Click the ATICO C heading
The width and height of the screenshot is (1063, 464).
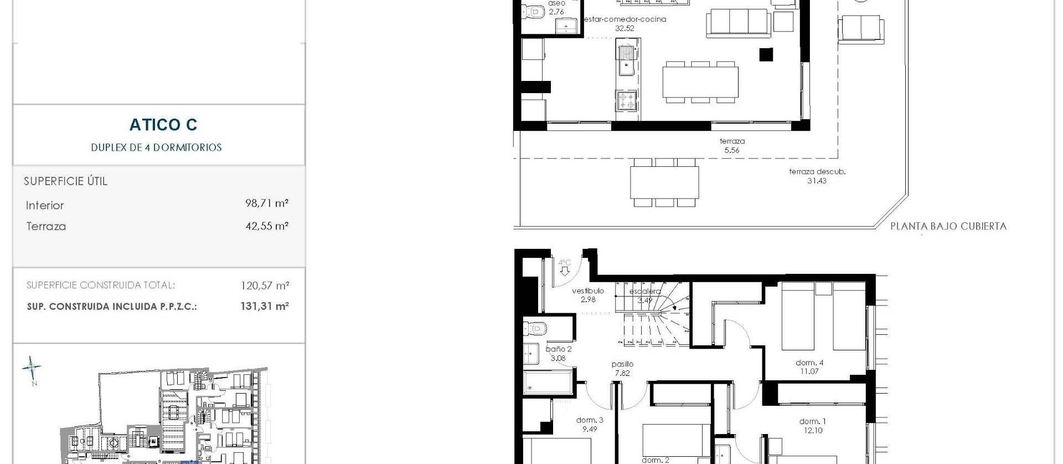pyautogui.click(x=163, y=125)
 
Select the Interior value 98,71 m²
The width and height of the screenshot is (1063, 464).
pyautogui.click(x=266, y=203)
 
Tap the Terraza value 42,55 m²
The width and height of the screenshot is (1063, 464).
pyautogui.click(x=266, y=226)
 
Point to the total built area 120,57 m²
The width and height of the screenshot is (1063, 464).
pyautogui.click(x=265, y=285)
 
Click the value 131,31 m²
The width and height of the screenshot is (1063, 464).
pyautogui.click(x=265, y=306)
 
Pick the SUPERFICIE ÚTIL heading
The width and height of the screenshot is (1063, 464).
pyautogui.click(x=65, y=181)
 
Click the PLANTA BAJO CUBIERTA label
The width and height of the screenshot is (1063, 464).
pyautogui.click(x=948, y=226)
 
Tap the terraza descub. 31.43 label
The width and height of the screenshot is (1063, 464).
pyautogui.click(x=817, y=176)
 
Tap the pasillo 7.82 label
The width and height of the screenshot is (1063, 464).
pyautogui.click(x=622, y=369)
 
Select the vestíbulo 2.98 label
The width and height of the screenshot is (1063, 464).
pyautogui.click(x=588, y=295)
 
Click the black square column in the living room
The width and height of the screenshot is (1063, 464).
pyautogui.click(x=766, y=54)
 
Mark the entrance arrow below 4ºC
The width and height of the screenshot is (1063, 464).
pyautogui.click(x=564, y=272)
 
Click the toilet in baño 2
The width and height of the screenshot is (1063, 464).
pyautogui.click(x=534, y=329)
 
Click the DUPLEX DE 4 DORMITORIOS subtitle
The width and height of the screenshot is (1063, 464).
pyautogui.click(x=156, y=147)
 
